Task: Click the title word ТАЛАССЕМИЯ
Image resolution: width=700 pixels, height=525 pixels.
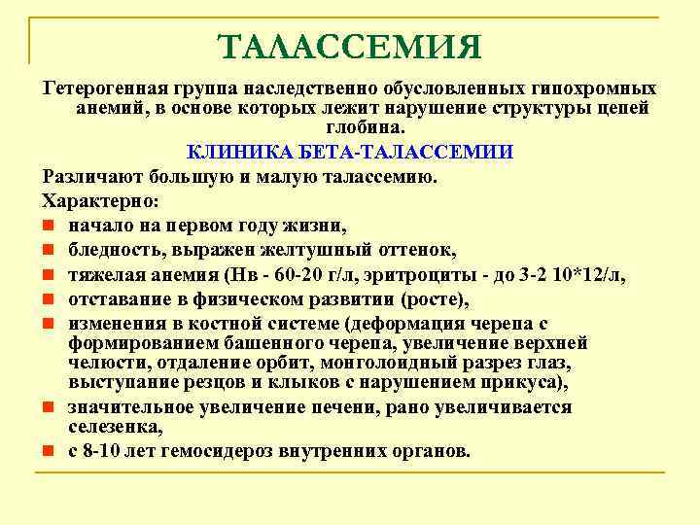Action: click(349, 47)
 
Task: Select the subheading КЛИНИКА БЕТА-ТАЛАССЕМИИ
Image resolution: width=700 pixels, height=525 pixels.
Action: click(349, 154)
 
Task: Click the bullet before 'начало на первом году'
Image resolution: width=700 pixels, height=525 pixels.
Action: click(48, 227)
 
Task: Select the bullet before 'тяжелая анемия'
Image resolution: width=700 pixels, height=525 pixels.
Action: click(48, 277)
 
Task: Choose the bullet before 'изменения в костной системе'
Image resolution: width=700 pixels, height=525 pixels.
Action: click(48, 325)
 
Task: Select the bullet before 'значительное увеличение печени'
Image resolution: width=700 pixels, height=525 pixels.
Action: click(48, 408)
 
